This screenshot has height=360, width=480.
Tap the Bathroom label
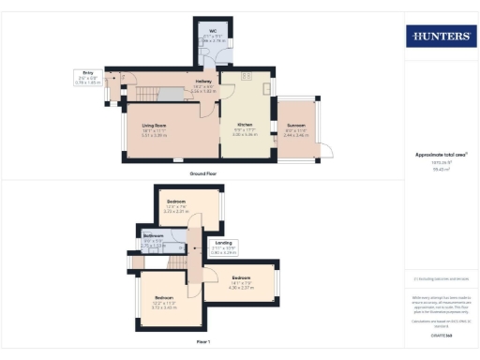point(154,235)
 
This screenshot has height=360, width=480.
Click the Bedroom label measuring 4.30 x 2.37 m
point(242,278)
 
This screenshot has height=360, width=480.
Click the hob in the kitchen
point(247,76)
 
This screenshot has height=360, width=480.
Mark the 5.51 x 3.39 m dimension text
point(154,135)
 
